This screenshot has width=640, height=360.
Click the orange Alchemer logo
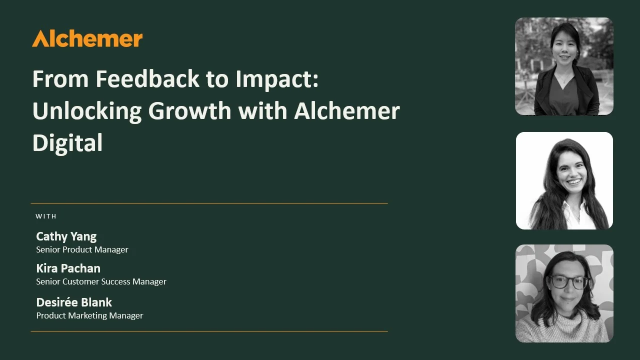(x=87, y=38)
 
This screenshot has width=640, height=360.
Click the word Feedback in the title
(x=147, y=78)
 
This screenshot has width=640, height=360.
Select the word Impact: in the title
(x=277, y=79)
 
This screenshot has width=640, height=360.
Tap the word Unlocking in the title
(x=87, y=111)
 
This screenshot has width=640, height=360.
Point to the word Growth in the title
(x=189, y=111)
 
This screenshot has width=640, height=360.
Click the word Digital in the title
(x=67, y=143)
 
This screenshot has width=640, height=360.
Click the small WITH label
(x=46, y=216)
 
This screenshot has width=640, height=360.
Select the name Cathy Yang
(x=66, y=237)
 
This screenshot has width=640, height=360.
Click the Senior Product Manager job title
(x=82, y=249)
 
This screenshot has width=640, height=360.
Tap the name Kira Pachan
(x=68, y=268)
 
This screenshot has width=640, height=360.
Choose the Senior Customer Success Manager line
(x=101, y=281)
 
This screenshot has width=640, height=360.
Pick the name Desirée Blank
(x=74, y=302)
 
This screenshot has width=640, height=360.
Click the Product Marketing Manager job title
(x=89, y=315)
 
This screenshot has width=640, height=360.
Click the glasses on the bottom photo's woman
(x=569, y=282)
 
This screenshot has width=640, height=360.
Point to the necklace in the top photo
(x=564, y=78)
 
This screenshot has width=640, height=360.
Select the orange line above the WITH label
(x=209, y=203)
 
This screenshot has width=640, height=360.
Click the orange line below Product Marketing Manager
(x=209, y=331)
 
